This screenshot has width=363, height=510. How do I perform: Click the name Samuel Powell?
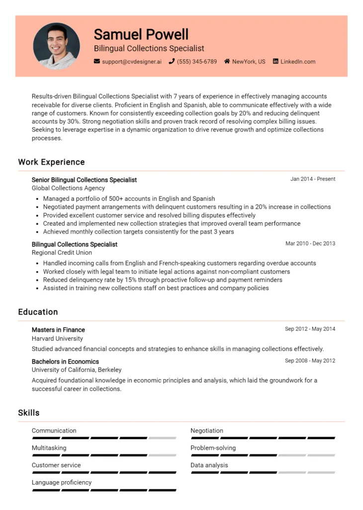click(141, 34)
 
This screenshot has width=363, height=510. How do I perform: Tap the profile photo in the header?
click(56, 46)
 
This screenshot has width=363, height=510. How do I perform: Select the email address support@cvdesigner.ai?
click(132, 62)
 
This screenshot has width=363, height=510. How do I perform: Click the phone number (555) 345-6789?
click(197, 62)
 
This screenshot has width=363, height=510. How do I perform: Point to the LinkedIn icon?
click(275, 62)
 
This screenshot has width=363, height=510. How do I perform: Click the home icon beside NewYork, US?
click(227, 62)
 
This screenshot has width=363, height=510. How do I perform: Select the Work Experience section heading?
click(51, 162)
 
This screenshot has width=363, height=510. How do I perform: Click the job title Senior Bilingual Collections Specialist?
click(84, 180)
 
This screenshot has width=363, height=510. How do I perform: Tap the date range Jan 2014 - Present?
click(313, 179)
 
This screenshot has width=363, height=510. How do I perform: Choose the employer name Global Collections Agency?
click(68, 188)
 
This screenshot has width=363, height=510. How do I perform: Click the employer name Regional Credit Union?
click(62, 253)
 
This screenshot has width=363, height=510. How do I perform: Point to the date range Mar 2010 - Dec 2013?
click(310, 244)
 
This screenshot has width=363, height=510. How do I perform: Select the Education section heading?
click(38, 312)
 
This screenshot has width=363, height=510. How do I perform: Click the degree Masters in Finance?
click(58, 330)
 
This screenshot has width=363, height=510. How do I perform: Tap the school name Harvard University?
click(57, 339)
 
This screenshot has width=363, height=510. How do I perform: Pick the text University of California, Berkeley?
click(77, 370)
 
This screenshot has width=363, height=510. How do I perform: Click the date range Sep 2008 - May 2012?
click(310, 361)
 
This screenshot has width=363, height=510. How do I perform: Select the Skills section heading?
click(29, 412)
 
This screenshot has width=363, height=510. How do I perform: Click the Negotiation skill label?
click(207, 431)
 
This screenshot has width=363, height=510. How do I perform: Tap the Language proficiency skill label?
click(62, 483)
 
